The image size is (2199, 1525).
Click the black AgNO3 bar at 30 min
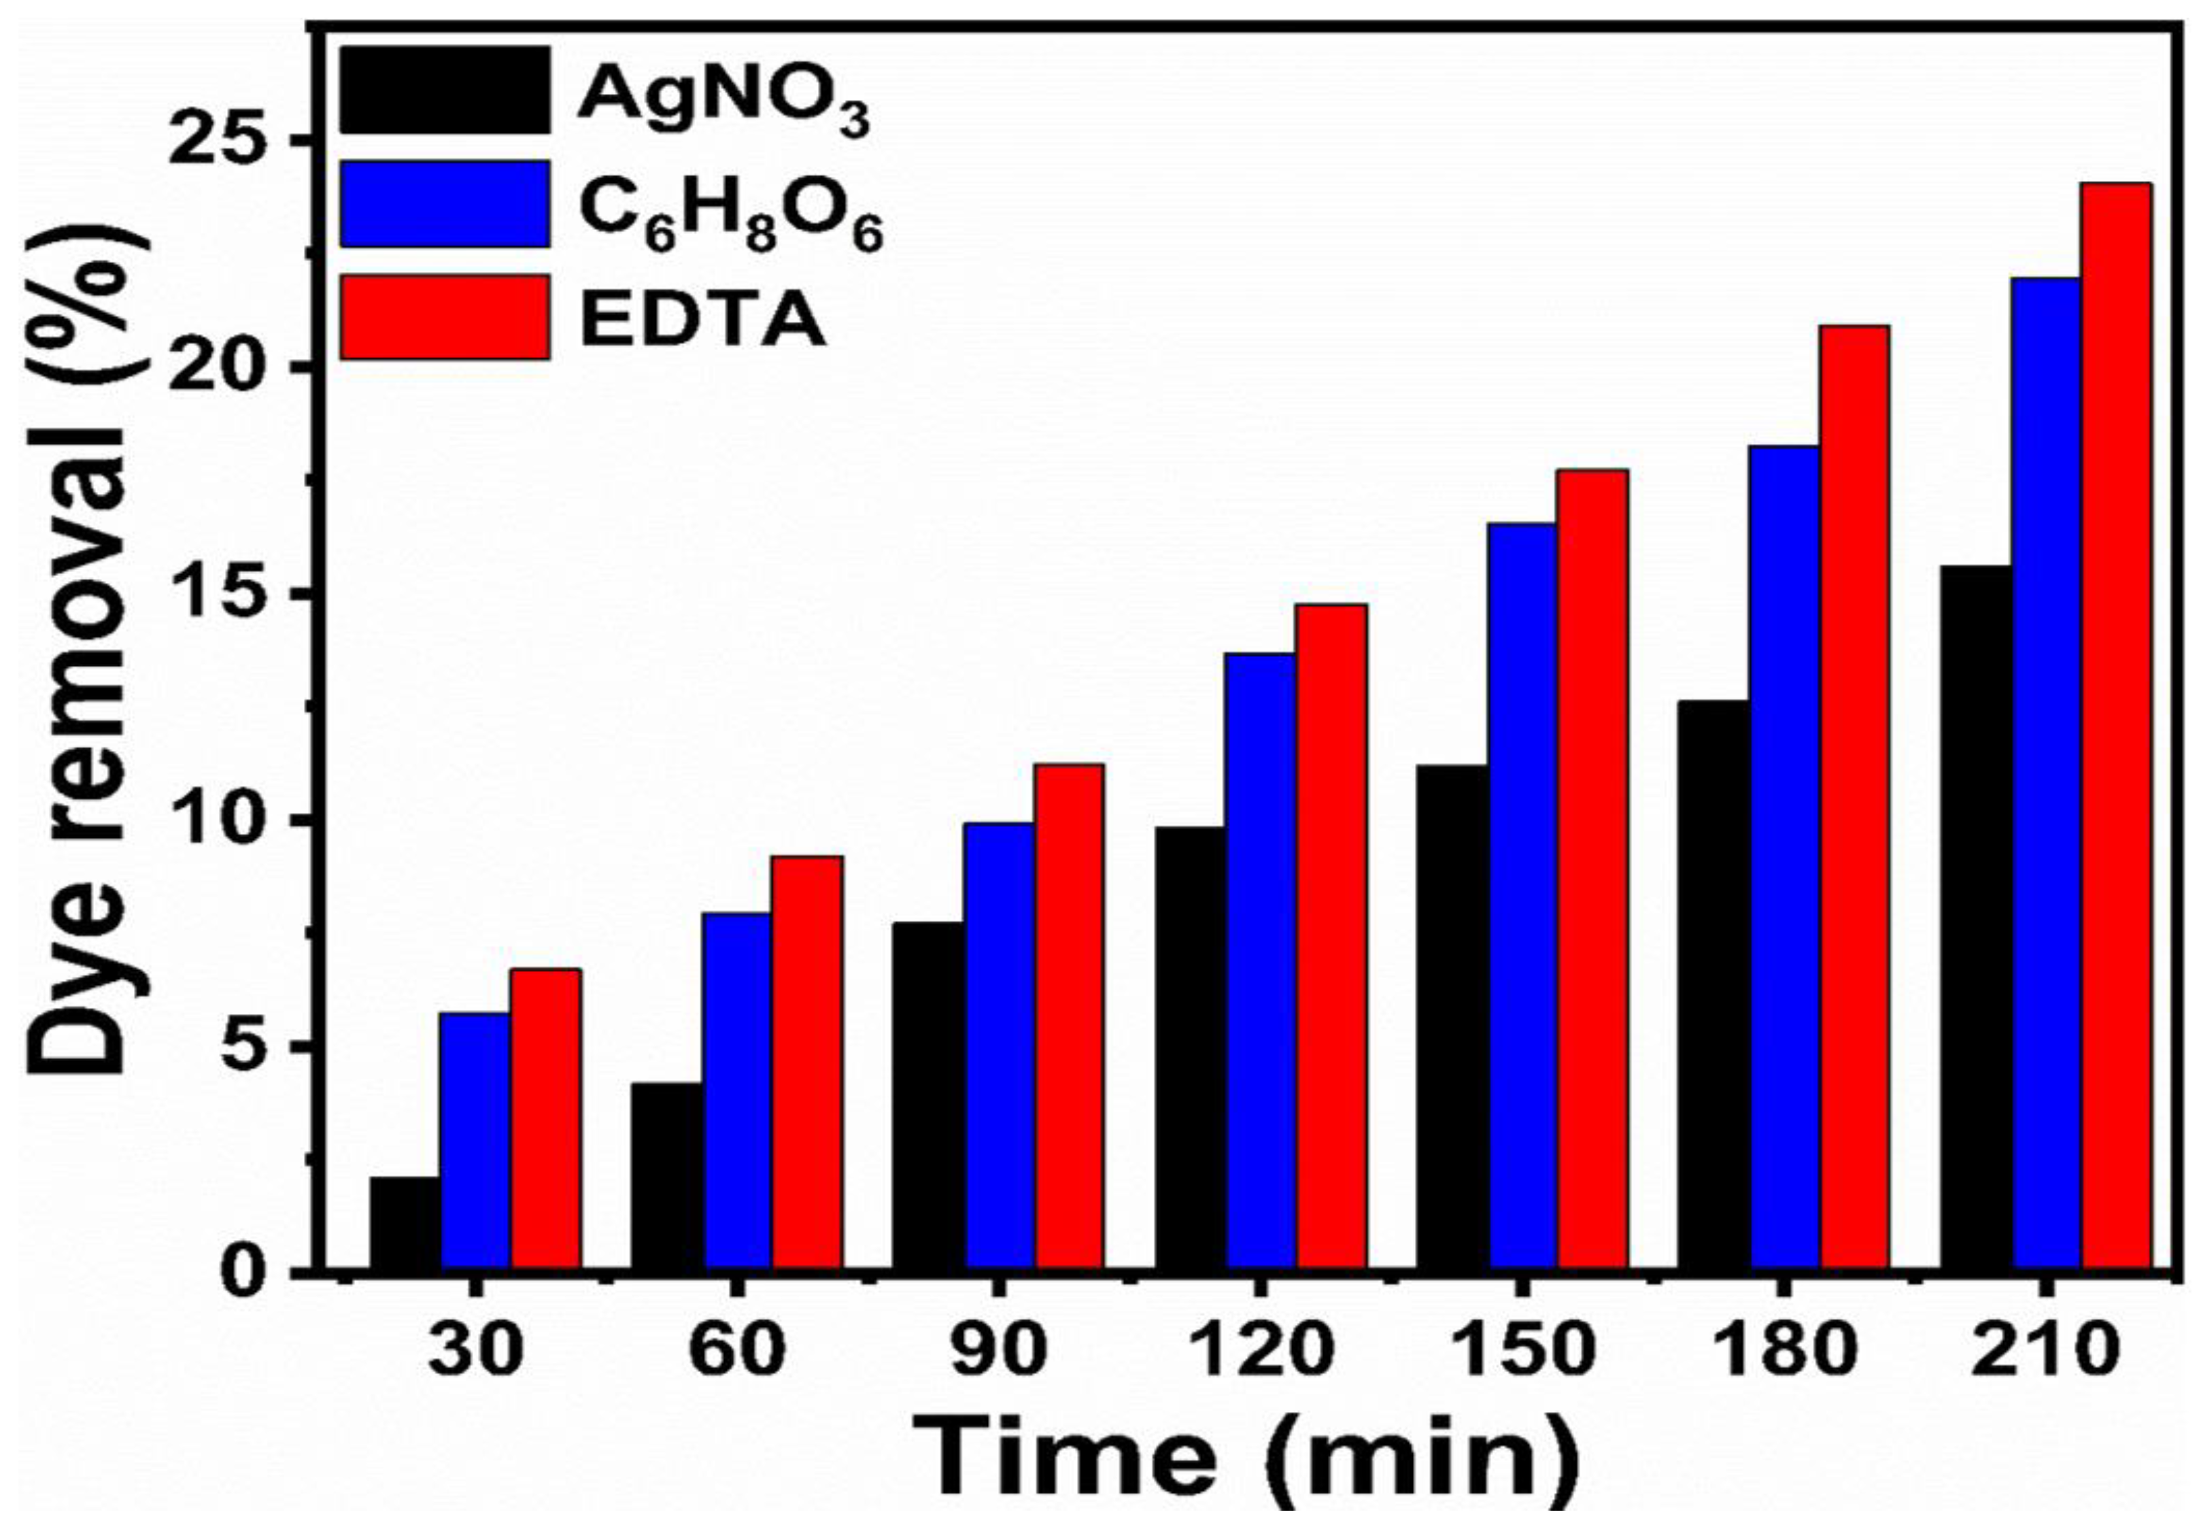(405, 1224)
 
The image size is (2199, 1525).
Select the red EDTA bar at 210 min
(2117, 726)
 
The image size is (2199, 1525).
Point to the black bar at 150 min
(1453, 1018)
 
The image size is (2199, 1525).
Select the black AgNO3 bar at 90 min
(929, 1097)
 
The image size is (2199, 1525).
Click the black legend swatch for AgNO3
(445, 90)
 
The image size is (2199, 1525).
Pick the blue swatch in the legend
(445, 203)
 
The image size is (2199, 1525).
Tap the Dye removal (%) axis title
(90, 659)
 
